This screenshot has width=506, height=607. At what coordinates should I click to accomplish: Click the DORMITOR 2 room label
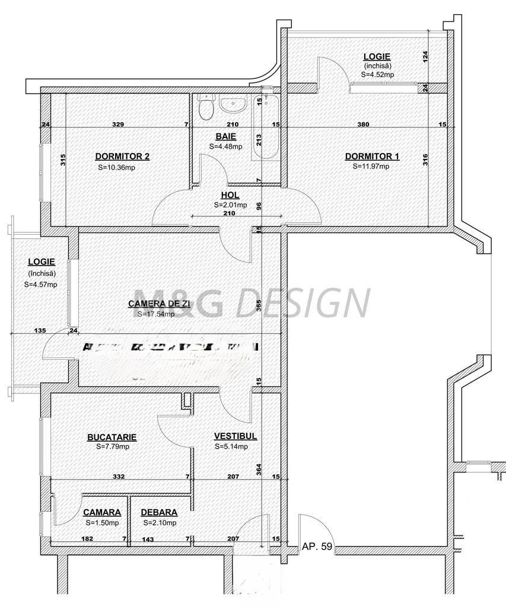[x=122, y=156]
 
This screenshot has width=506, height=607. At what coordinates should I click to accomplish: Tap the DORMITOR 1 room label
[x=372, y=156]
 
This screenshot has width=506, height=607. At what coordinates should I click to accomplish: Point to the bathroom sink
[x=234, y=105]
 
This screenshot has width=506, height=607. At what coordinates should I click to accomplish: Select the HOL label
[x=230, y=194]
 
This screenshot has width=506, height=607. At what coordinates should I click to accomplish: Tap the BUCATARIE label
[x=112, y=437]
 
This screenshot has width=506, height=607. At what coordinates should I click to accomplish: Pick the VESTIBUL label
[x=235, y=436]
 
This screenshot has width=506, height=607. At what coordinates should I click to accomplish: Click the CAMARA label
[x=101, y=512]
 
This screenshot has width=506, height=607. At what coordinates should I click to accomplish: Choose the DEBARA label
[x=158, y=512]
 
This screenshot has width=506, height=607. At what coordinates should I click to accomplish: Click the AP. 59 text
[x=317, y=547]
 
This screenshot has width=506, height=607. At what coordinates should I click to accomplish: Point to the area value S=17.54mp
[x=155, y=314]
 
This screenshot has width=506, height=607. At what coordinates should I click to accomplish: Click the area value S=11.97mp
[x=371, y=167]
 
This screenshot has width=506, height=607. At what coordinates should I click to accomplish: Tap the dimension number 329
[x=118, y=124]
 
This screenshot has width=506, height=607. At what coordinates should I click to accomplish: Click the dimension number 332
[x=119, y=476]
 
